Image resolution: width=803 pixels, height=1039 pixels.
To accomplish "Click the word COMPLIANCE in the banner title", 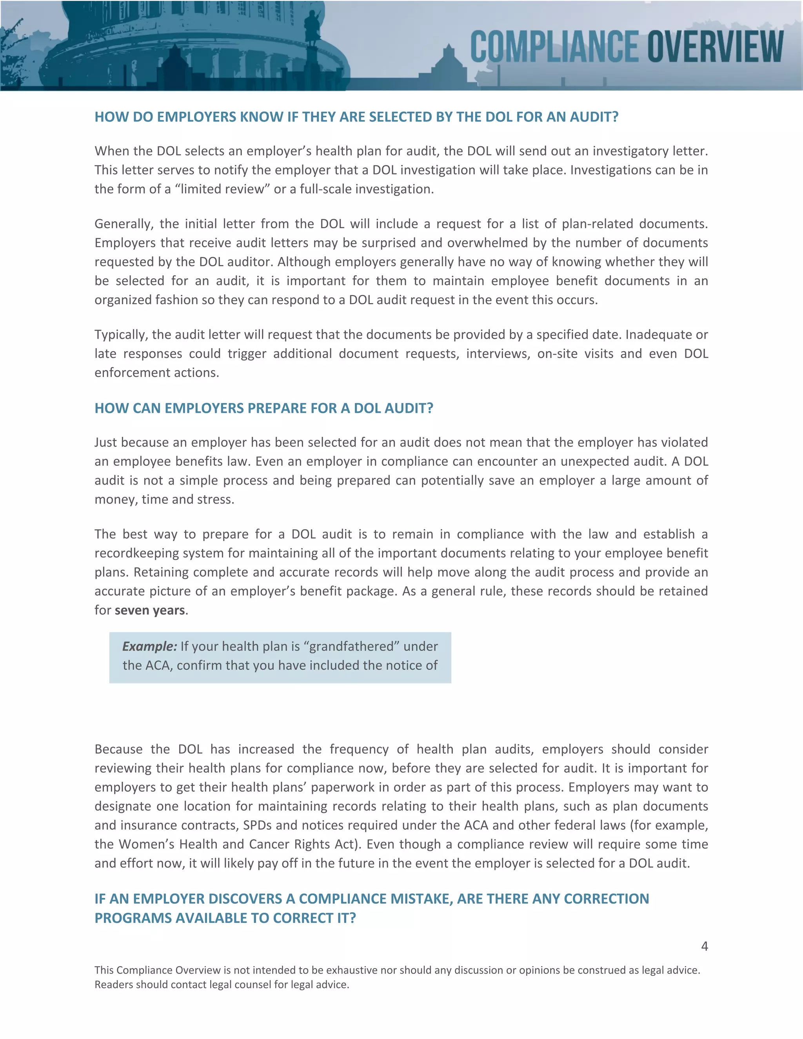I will tap(554, 46).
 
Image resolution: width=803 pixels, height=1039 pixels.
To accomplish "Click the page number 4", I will tap(705, 946).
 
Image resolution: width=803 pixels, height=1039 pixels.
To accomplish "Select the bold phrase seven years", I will tap(149, 610).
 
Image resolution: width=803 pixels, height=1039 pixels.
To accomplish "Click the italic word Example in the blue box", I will tap(149, 647).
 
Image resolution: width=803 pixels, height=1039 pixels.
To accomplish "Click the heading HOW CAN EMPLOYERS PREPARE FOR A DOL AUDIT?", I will tap(263, 408).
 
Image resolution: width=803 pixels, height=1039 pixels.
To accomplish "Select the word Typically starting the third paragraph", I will tap(121, 335).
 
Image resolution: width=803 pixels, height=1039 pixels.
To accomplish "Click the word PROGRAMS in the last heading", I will tap(133, 918).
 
